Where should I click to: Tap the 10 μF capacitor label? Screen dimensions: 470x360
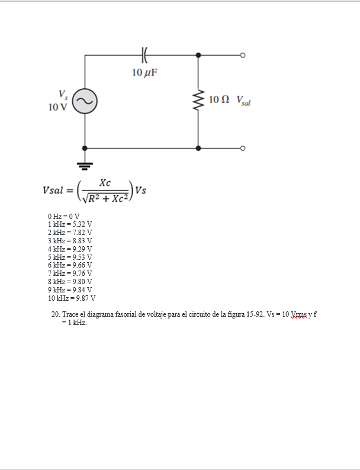click(x=145, y=73)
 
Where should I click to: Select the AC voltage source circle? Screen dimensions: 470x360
click(x=84, y=101)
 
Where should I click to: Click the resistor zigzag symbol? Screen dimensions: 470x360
click(x=198, y=101)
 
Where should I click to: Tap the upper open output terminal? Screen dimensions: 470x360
click(x=242, y=54)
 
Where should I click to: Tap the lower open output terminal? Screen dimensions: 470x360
click(x=242, y=148)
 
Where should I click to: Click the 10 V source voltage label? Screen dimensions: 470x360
click(x=57, y=107)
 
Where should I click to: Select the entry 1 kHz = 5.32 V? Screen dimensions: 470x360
click(x=69, y=224)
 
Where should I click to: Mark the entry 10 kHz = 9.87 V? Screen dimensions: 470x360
click(x=71, y=298)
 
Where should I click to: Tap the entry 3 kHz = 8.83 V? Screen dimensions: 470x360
click(x=69, y=241)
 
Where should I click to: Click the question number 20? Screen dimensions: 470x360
click(x=56, y=314)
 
